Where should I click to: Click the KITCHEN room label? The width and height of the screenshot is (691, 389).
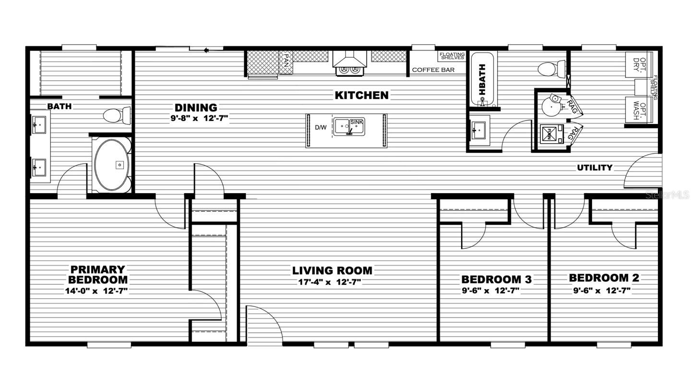coord(361,95)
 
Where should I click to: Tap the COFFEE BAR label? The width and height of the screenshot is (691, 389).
coord(433,70)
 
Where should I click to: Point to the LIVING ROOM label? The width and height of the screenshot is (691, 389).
coord(332,271)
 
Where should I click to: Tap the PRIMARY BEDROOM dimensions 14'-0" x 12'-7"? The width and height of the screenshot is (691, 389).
coord(96,291)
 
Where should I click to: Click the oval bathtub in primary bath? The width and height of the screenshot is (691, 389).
coord(112,165)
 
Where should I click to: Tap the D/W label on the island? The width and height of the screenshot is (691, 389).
coord(321,128)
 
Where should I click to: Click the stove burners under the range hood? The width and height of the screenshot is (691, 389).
coord(349,70)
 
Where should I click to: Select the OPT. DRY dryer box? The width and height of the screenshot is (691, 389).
coord(637,63)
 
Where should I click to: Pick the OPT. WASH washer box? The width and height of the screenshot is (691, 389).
coord(637,110)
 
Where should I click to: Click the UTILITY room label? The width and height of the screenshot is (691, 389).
coord(595,168)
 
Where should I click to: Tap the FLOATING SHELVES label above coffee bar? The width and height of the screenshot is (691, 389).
coord(452,56)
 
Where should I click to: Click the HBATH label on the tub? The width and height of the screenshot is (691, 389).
coord(482,78)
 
